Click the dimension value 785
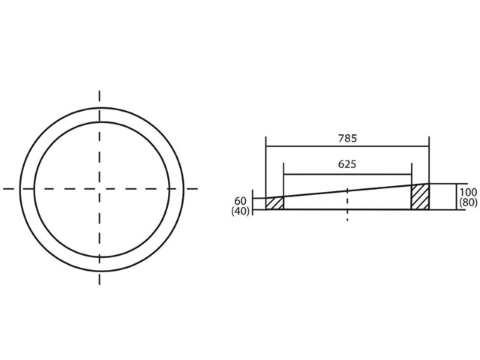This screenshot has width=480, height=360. pyautogui.click(x=347, y=138)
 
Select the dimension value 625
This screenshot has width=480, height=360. pyautogui.click(x=347, y=164)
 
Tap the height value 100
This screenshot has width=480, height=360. pyautogui.click(x=468, y=192)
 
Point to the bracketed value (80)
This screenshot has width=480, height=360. pyautogui.click(x=468, y=202)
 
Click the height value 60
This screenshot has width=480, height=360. pyautogui.click(x=240, y=201)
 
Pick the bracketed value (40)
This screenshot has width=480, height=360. pyautogui.click(x=240, y=211)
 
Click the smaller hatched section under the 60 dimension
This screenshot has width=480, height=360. pyautogui.click(x=275, y=203)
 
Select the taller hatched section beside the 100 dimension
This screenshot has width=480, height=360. pyautogui.click(x=420, y=196)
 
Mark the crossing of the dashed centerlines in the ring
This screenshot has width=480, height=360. pyautogui.click(x=100, y=189)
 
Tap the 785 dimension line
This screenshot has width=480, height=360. pyautogui.click(x=347, y=146)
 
